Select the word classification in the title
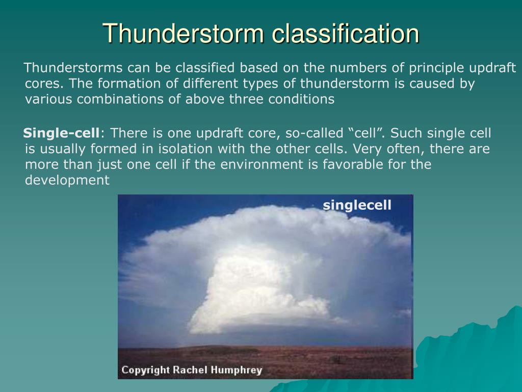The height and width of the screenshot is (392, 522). [x=346, y=33]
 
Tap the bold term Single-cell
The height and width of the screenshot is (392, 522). [x=61, y=133]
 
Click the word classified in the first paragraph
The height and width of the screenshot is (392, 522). [x=205, y=68]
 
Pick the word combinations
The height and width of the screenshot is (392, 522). [x=120, y=99]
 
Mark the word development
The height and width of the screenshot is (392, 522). [x=67, y=180]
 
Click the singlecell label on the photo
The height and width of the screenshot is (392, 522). [x=357, y=205]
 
